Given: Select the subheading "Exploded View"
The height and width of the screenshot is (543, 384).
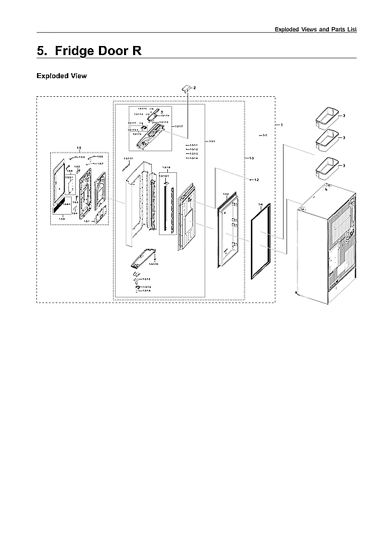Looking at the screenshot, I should click(x=61, y=75).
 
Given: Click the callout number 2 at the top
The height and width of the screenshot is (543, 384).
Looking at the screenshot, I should click(x=194, y=87).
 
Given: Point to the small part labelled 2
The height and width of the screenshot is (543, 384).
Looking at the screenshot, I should click(x=186, y=86).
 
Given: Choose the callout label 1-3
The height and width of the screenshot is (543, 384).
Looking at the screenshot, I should click(x=251, y=158).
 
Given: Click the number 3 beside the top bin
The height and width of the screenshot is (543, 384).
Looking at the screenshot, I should click(x=344, y=114).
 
